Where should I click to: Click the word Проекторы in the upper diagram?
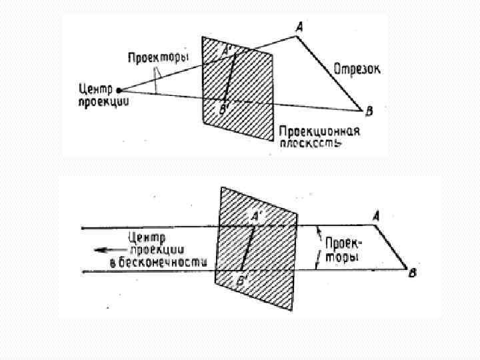[x=158, y=58]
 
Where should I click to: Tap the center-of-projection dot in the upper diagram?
[x=119, y=89]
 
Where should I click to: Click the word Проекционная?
[x=319, y=131]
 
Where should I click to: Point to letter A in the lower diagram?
[x=376, y=216]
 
